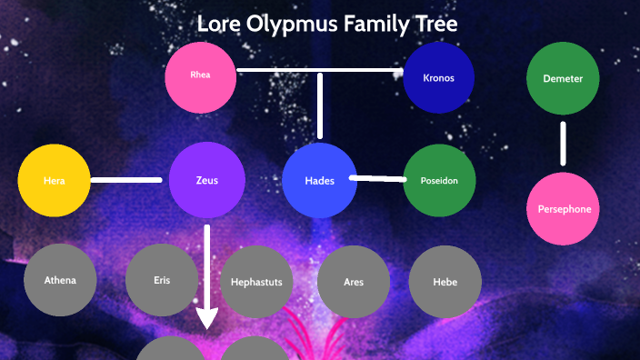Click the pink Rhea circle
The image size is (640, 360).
coord(201,76)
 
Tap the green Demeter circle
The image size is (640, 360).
coord(563,79)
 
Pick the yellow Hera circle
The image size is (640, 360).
coord(55,180)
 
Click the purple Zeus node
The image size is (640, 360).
coord(206,180)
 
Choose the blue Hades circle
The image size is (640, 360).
coord(320,180)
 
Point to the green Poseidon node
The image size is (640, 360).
coord(439,180)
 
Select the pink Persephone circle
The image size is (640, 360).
coord(563,209)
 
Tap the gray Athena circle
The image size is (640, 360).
coord(60,280)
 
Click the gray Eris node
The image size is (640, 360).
coord(162,280)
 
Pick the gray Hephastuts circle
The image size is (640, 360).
coord(257,282)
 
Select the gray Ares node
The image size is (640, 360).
coord(354,282)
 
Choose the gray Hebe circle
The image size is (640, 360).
coord(445,282)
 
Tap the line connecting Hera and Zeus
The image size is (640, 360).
coord(130,180)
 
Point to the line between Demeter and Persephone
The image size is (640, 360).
coord(563,144)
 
